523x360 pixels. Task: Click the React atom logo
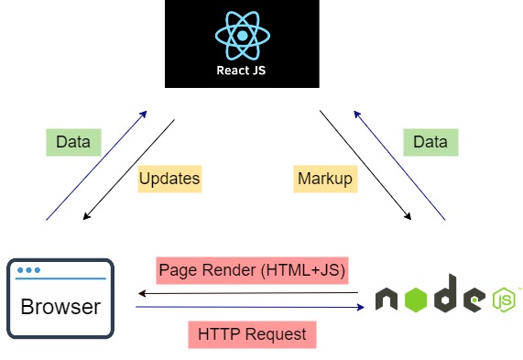click(243, 36)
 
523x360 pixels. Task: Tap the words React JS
click(241, 71)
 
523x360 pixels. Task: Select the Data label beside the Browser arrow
click(73, 142)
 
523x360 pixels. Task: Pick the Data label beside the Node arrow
click(430, 142)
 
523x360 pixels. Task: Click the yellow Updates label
click(169, 179)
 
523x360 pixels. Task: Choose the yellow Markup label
click(325, 179)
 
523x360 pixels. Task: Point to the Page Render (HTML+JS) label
click(252, 270)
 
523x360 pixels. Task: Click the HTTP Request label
click(252, 334)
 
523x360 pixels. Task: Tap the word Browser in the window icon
click(60, 307)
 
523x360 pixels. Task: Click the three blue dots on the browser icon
click(28, 270)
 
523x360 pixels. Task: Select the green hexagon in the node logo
click(416, 300)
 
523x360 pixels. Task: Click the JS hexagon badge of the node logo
click(504, 300)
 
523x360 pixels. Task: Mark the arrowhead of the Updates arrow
click(86, 216)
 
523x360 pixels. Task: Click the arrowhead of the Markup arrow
click(408, 216)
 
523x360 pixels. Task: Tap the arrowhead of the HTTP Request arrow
click(361, 307)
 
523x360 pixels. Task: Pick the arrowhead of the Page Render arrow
click(142, 294)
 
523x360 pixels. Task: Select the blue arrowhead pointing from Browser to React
click(144, 115)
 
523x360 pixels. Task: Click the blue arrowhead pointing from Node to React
click(357, 115)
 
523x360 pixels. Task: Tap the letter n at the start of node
click(387, 299)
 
